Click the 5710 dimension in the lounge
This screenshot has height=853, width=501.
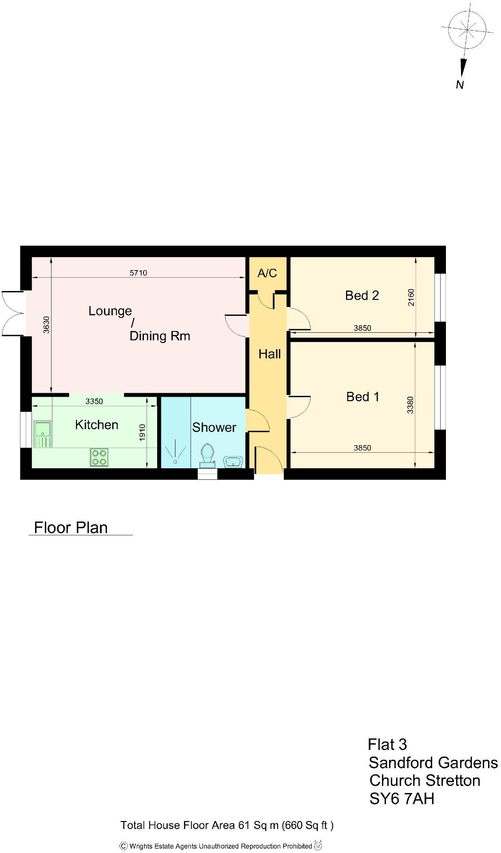[x=138, y=273]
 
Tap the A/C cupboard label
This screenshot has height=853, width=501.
[x=267, y=273]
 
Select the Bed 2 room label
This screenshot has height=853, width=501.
[x=362, y=295]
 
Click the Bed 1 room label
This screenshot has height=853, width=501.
[x=363, y=397]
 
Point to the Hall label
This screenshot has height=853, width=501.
[x=270, y=354]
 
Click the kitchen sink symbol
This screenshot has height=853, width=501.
[x=43, y=434]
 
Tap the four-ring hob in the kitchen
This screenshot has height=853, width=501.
[x=99, y=458]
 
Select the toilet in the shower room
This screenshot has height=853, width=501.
[x=207, y=454]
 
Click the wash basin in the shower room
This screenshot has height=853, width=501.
[x=233, y=462]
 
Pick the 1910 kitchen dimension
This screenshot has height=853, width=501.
[x=142, y=433]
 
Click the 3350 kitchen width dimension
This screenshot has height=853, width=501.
[x=94, y=401]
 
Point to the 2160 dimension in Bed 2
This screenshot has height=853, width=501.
[x=411, y=297]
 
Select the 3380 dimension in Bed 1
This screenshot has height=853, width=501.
[x=410, y=405]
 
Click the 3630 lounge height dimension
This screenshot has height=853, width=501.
[x=46, y=324]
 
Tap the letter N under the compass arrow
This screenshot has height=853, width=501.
[x=460, y=85]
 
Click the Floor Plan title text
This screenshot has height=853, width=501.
[x=71, y=527]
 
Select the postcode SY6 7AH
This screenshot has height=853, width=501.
[x=402, y=799]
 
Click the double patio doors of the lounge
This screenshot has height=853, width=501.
[x=12, y=313]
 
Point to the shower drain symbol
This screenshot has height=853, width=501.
[x=175, y=462]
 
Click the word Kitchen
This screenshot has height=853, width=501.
[x=96, y=425]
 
